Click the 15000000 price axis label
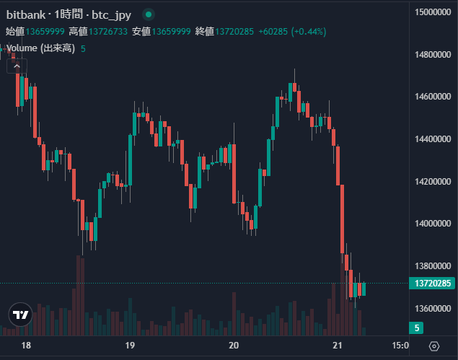pyautogui.click(x=433, y=12)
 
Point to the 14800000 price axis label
pyautogui.click(x=433, y=54)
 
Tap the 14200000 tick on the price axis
pyautogui.click(x=433, y=181)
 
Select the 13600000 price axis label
pyautogui.click(x=433, y=308)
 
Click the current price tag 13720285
pyautogui.click(x=433, y=284)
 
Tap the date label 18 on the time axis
pyautogui.click(x=26, y=346)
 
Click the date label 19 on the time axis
pyautogui.click(x=130, y=346)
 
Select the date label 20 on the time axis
pyautogui.click(x=233, y=346)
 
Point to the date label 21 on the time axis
pyautogui.click(x=337, y=346)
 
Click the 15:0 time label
pyautogui.click(x=400, y=346)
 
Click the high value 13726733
pyautogui.click(x=109, y=31)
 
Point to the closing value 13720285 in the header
pyautogui.click(x=237, y=31)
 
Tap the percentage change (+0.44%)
pyautogui.click(x=309, y=31)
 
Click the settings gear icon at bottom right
pyautogui.click(x=433, y=346)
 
